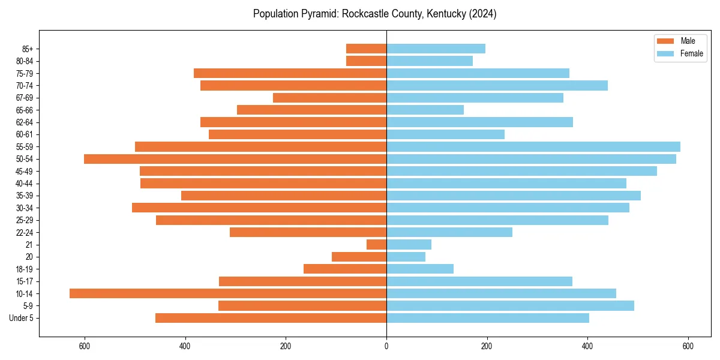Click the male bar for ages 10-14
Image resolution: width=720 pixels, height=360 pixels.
pos(228,293)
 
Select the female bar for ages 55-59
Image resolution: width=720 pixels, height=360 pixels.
pos(533,146)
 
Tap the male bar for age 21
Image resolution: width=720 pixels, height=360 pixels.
pos(376,244)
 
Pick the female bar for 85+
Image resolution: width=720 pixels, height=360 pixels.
pos(436,49)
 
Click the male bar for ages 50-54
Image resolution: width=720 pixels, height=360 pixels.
pos(235,159)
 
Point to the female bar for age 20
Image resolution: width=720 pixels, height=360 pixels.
pos(406,257)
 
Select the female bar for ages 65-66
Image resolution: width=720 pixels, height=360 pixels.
pos(425,110)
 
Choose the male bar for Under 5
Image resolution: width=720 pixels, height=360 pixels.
pos(271,318)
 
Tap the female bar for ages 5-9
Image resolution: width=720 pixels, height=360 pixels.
pos(510,305)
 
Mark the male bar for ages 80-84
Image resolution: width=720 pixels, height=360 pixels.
pos(366,61)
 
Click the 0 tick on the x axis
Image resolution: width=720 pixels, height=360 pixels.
pos(386,347)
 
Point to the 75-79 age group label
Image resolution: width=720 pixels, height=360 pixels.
pos(25,73)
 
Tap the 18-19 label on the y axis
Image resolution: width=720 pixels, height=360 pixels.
pos(25,269)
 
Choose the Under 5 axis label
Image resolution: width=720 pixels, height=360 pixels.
pos(21,318)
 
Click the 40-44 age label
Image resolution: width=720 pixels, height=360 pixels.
pos(25,184)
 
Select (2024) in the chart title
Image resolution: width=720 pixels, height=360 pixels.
pos(483,14)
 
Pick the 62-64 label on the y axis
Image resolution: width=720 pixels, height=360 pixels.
pos(25,122)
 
